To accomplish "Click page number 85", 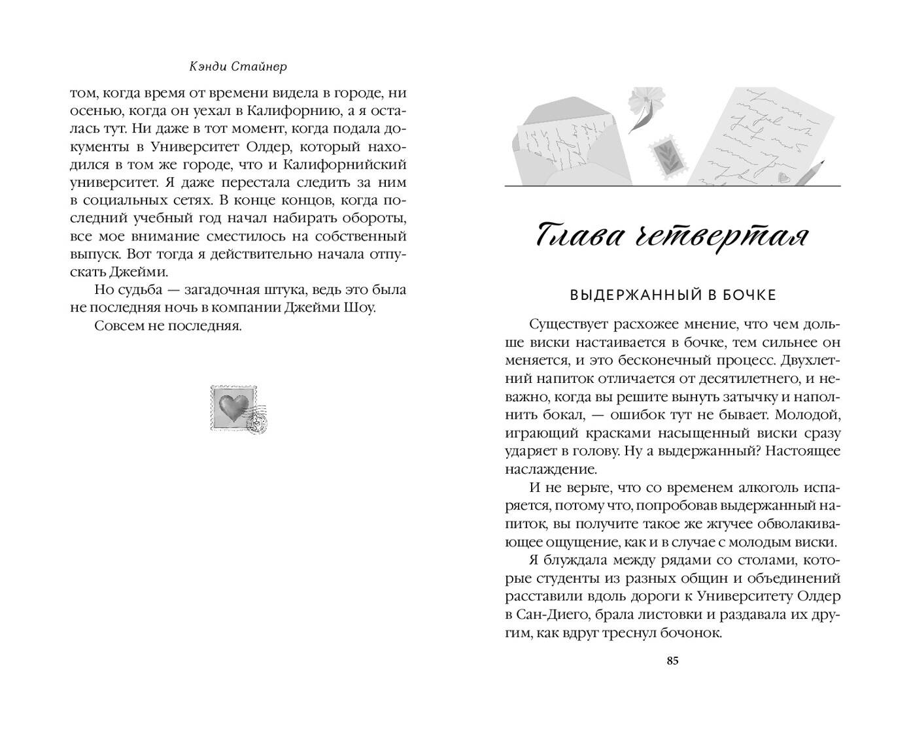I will coord(672,661).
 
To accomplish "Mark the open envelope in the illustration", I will coord(566,143).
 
